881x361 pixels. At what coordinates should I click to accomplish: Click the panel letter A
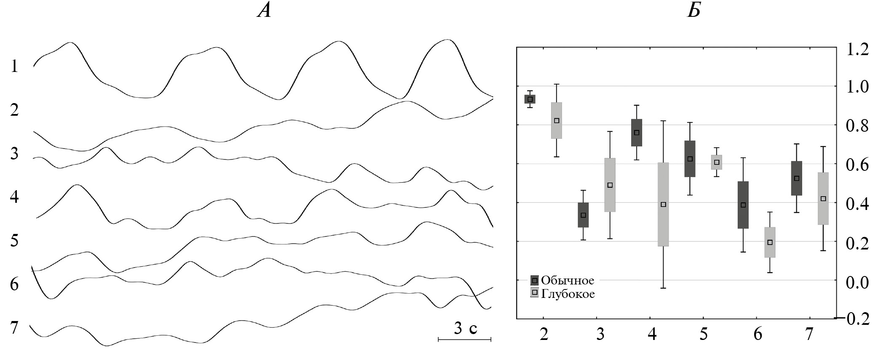[264, 11]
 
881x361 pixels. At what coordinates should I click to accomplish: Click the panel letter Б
[694, 11]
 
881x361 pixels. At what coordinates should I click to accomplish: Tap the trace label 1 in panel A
[15, 66]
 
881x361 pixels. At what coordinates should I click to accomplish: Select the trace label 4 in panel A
[15, 196]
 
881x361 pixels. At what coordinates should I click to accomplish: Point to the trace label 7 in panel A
[15, 327]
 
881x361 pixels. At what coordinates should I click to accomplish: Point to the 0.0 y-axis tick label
[857, 282]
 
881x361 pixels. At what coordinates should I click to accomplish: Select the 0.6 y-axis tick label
[857, 165]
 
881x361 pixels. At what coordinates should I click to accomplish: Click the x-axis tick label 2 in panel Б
[544, 335]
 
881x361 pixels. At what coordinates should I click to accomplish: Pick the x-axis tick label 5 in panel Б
[704, 335]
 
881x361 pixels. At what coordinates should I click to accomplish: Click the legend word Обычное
[568, 280]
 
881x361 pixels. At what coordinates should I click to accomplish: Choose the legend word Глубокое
[568, 294]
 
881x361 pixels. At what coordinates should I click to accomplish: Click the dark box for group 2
[530, 99]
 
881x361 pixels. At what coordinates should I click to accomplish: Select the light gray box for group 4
[663, 204]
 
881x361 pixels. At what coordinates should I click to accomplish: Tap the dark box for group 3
[583, 215]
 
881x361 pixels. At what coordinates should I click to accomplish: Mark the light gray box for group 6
[770, 242]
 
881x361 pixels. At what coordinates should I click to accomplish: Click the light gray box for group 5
[717, 162]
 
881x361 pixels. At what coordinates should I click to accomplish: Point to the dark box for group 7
[796, 178]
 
